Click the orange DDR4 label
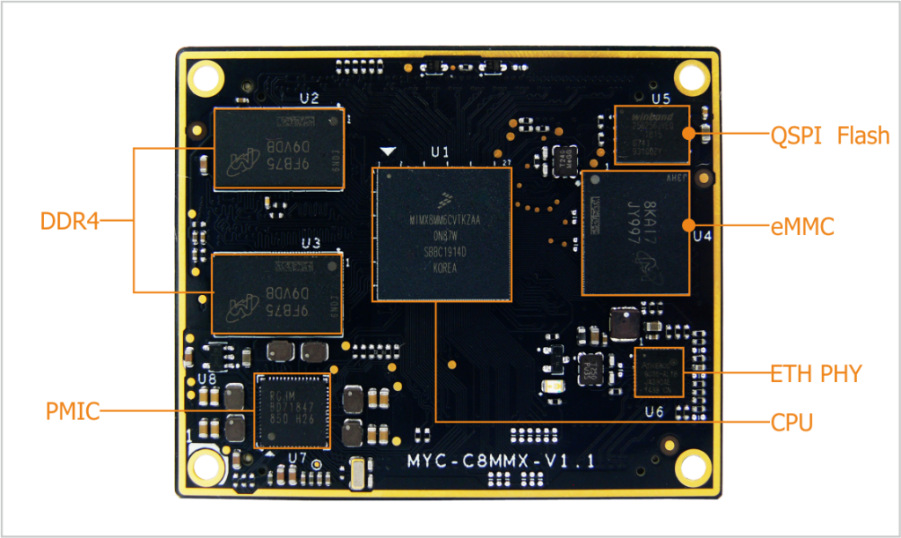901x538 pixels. (70, 221)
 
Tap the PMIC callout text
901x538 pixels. (72, 410)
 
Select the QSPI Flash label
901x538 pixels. (830, 136)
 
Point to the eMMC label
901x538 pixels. (802, 227)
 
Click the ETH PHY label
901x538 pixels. (816, 373)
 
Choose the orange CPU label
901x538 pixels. (792, 423)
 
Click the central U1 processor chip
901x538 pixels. (443, 234)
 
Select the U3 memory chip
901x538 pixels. (278, 293)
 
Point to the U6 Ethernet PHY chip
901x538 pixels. (658, 372)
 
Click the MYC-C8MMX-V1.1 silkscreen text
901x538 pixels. (502, 461)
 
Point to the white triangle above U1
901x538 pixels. (385, 153)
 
